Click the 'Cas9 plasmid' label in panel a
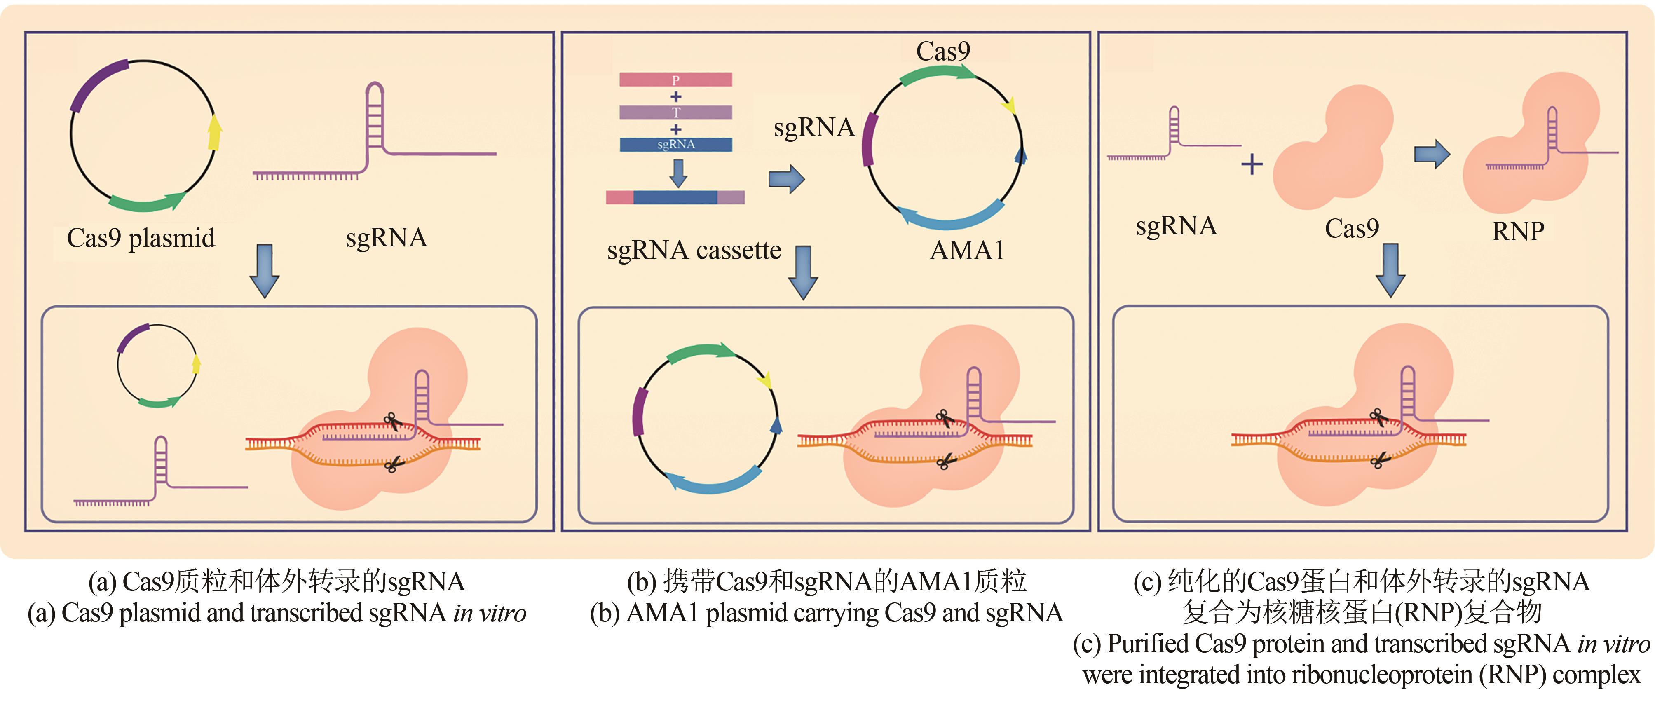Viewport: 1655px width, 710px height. (x=141, y=238)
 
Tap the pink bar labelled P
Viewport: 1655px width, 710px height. (x=675, y=80)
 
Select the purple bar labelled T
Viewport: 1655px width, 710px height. (x=675, y=112)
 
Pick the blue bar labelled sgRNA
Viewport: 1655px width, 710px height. (x=675, y=145)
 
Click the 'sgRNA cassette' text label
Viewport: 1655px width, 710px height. (x=694, y=251)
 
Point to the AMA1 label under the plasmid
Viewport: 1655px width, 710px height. (x=967, y=251)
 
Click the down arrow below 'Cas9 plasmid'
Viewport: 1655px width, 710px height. (x=264, y=270)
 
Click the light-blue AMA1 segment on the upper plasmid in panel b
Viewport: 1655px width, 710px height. (x=951, y=218)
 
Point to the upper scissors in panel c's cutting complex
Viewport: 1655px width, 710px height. (x=1377, y=417)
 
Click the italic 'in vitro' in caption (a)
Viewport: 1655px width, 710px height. (x=490, y=614)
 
